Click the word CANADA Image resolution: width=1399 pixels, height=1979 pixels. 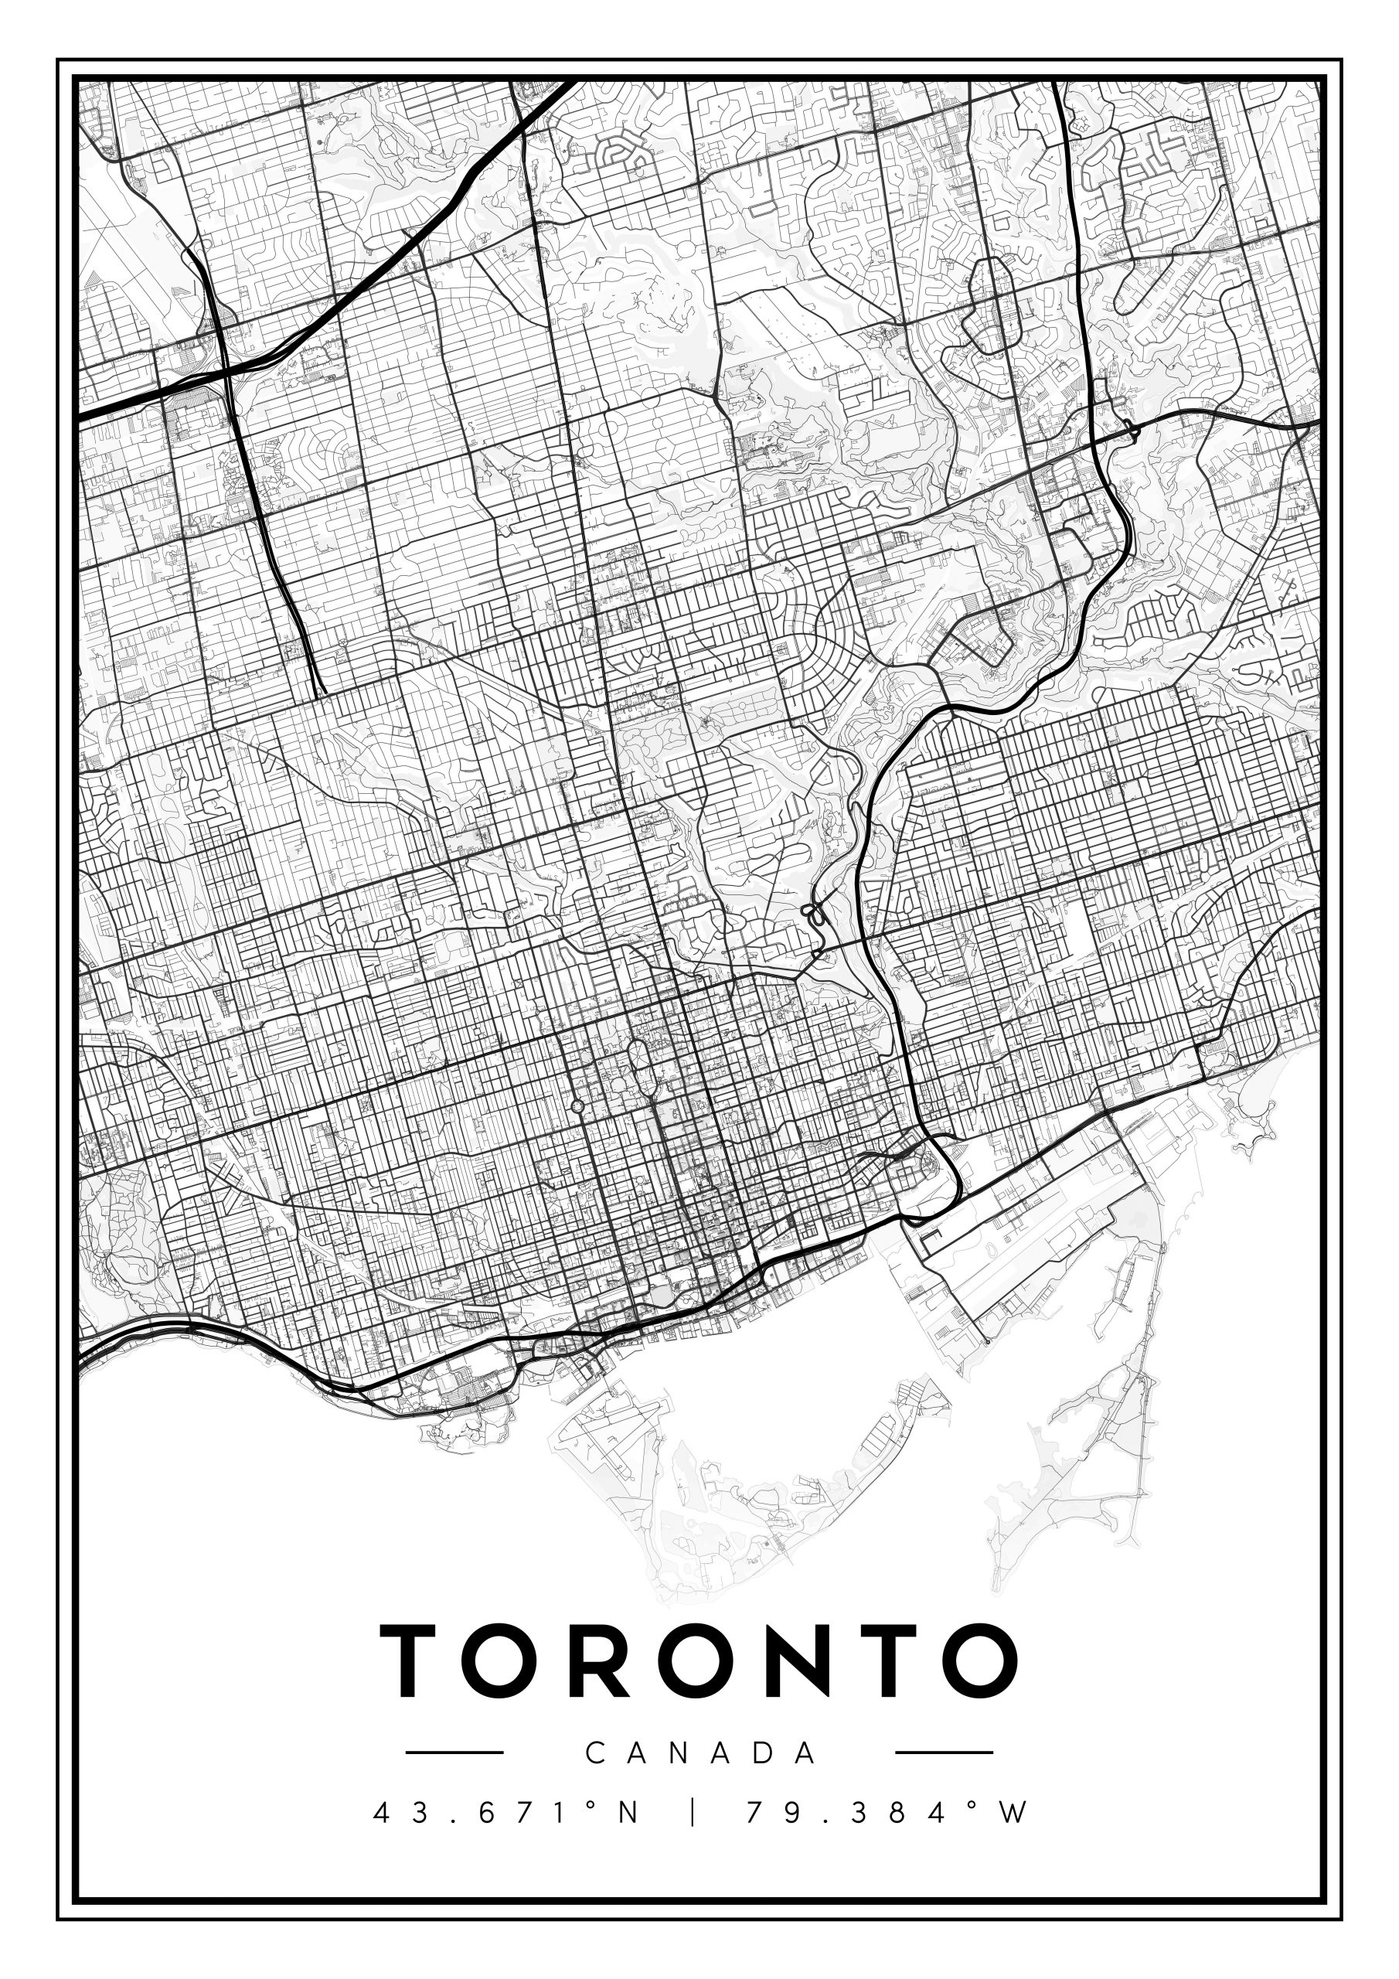pos(700,1752)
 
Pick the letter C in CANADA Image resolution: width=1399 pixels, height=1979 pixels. pos(596,1752)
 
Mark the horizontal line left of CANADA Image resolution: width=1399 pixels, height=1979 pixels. pos(454,1752)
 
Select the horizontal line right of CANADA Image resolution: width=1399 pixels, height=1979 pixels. pos(945,1752)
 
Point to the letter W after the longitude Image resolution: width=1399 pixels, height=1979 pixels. pos(1016,1813)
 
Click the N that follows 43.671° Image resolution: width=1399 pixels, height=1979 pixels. pos(628,1813)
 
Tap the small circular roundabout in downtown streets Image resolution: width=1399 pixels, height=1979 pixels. pos(577,1106)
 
